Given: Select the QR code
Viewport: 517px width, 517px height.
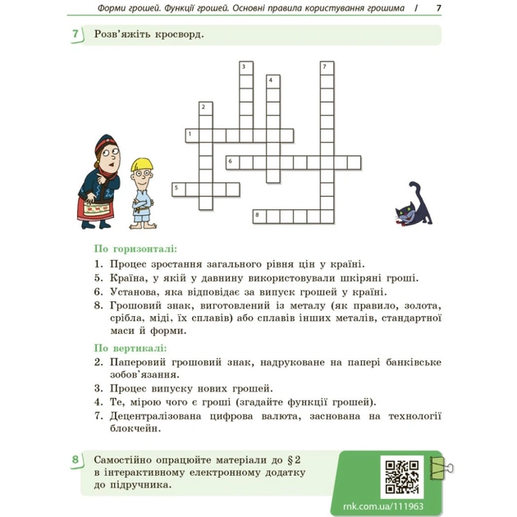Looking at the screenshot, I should (402, 474).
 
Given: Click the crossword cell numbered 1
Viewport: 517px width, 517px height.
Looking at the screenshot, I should (192, 134).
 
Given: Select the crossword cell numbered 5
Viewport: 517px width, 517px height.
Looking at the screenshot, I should (178, 189).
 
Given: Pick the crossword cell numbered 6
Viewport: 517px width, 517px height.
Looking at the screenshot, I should (232, 161).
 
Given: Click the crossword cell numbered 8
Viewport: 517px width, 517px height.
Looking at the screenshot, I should (259, 215).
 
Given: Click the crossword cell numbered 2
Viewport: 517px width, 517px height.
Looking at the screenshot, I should (205, 108).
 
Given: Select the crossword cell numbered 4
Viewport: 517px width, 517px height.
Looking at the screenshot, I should (272, 80).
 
